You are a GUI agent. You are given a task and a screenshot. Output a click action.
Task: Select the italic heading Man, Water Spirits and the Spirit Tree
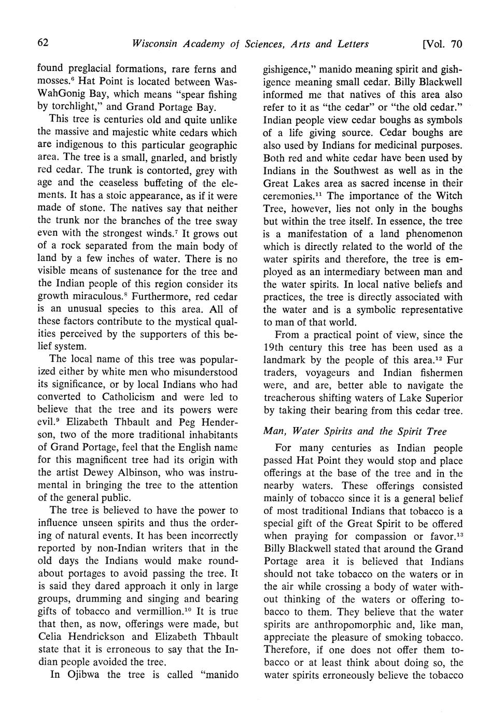click(x=355, y=431)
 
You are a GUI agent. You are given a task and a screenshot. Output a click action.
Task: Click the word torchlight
click(x=76, y=108)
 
